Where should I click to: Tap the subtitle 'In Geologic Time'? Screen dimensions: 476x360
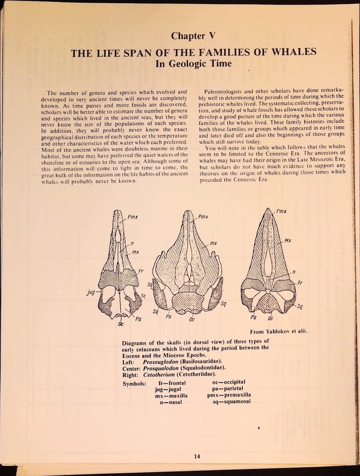coord(193,63)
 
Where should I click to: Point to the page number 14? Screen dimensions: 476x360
coord(197,456)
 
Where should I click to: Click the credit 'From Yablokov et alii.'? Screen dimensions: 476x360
coord(279,331)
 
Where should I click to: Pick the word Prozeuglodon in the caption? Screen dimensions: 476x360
coord(160,361)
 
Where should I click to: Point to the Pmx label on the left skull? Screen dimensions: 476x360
coord(133,216)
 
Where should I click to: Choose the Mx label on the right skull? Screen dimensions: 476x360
coord(288,241)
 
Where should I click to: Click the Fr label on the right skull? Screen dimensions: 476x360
coord(300,282)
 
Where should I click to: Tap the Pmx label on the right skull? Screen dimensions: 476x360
coord(280,211)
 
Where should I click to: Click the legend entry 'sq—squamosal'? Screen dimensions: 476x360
coord(231,402)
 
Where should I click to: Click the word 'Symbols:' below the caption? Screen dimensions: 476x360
coord(134,383)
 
